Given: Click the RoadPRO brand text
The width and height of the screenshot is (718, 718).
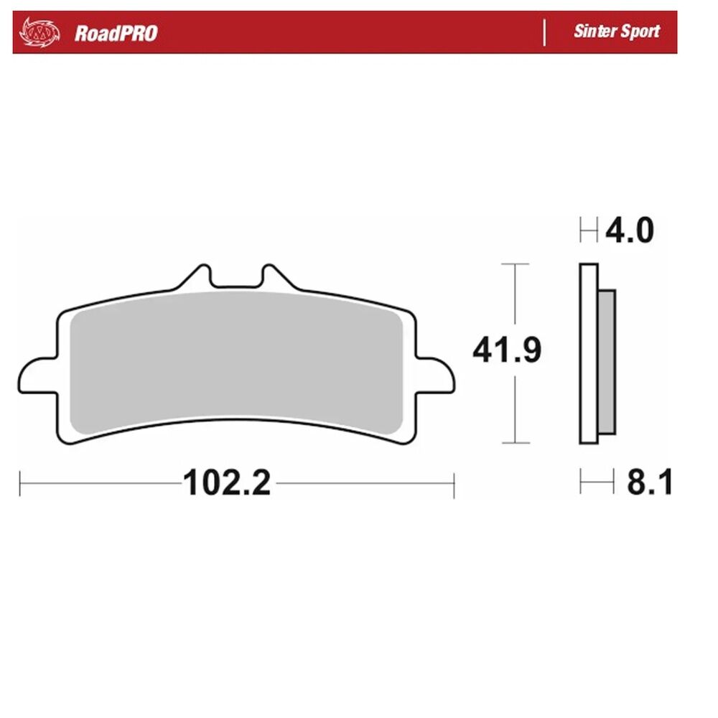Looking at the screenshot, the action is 116,34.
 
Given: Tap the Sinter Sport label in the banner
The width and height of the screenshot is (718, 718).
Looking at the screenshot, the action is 616,31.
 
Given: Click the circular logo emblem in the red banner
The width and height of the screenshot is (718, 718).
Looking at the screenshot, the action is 39,32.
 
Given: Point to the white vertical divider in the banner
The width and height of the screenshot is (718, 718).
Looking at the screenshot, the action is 544,32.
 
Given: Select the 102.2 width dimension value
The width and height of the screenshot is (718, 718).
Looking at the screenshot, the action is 227,482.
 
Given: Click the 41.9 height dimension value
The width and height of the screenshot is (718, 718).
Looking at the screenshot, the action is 507,350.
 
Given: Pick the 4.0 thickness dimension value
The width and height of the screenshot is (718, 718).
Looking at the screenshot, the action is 630,230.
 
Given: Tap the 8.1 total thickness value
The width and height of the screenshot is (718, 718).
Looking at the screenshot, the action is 649,482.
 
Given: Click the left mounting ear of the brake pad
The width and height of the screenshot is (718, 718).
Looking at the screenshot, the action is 37,375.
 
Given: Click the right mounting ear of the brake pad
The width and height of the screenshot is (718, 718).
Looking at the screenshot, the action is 436,375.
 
